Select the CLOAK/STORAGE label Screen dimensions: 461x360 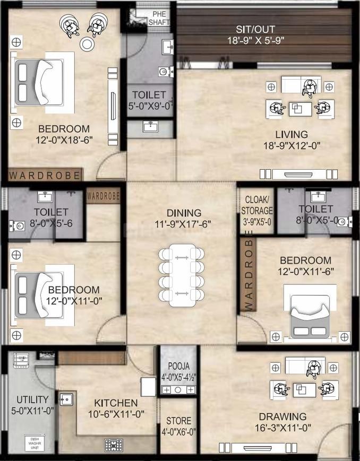(x=257, y=211)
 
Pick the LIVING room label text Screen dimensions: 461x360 (x=291, y=134)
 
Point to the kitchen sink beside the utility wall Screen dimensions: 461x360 (x=66, y=397)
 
